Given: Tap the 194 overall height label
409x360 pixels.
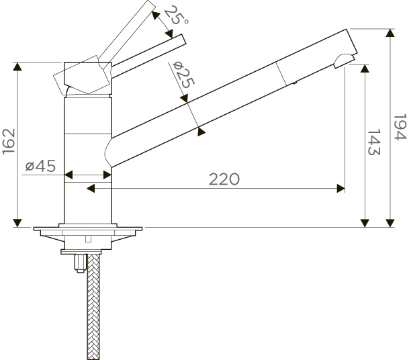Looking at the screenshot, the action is point(400,127).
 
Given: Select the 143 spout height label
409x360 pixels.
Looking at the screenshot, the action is point(374,142).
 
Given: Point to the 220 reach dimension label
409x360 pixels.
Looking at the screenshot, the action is point(224,179).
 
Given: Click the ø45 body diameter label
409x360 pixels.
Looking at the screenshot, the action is point(40,166).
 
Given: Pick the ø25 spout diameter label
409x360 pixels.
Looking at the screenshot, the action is point(184,75).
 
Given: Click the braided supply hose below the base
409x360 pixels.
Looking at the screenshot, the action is point(93,307).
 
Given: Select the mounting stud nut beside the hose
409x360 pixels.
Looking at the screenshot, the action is point(81,263).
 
